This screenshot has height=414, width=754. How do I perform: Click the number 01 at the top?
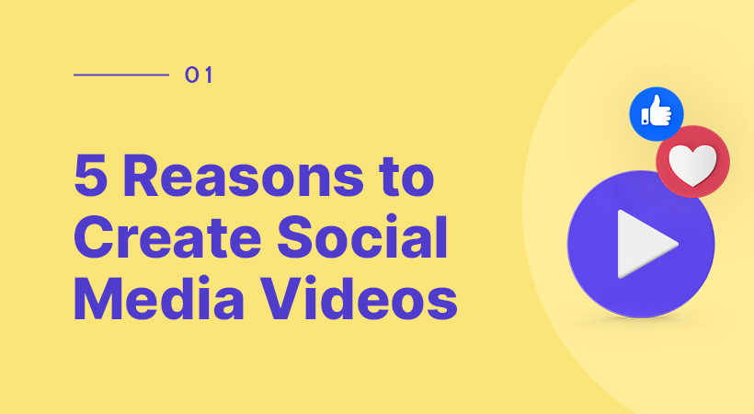(199, 75)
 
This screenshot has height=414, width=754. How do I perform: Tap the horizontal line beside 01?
(120, 75)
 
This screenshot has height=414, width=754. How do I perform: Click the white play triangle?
(644, 244)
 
